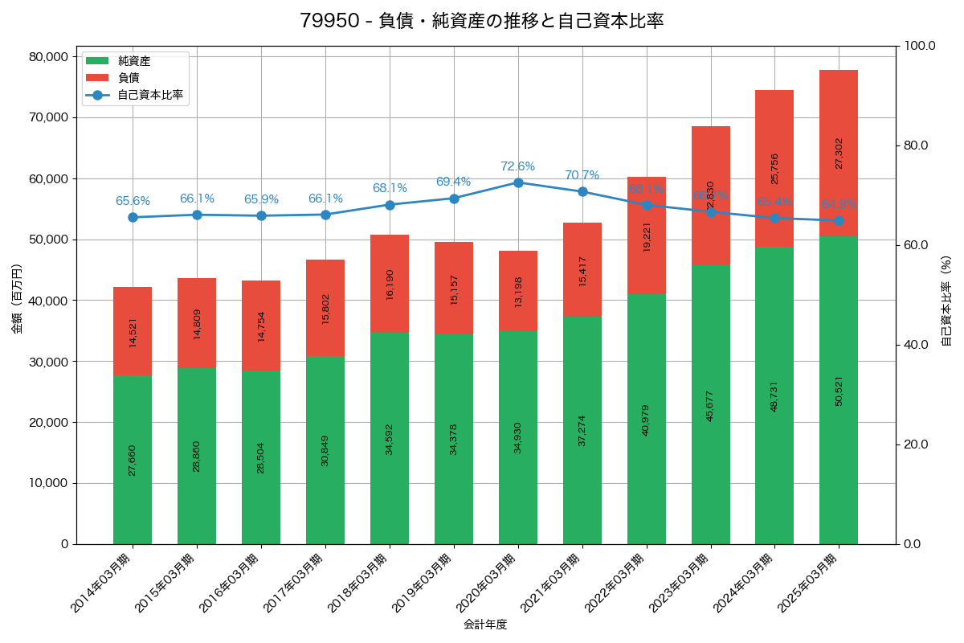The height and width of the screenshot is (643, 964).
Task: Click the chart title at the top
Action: pyautogui.click(x=481, y=21)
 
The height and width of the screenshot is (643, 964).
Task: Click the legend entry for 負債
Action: pyautogui.click(x=129, y=78)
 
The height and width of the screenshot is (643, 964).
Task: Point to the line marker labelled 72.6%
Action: pyautogui.click(x=518, y=182)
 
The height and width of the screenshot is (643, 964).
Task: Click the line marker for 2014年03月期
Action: pyautogui.click(x=133, y=217)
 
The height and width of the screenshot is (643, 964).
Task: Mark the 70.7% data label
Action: pyautogui.click(x=582, y=175)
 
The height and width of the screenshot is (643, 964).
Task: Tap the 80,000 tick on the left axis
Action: pyautogui.click(x=47, y=57)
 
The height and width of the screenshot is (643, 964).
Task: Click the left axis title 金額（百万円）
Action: pyautogui.click(x=17, y=300)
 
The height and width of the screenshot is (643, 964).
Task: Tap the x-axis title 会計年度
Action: pyautogui.click(x=485, y=625)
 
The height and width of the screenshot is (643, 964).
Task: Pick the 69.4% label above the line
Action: pyautogui.click(x=453, y=182)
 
